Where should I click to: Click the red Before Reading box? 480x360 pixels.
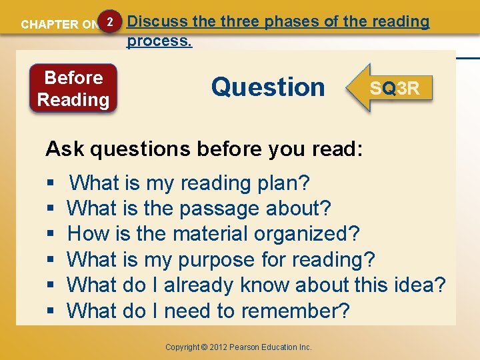73,89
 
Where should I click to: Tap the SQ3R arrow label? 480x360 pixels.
395,88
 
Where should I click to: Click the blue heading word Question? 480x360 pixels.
267,87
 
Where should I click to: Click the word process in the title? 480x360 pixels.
159,41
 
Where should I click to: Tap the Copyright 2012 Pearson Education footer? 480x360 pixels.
239,347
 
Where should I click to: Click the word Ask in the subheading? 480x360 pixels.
65,149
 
